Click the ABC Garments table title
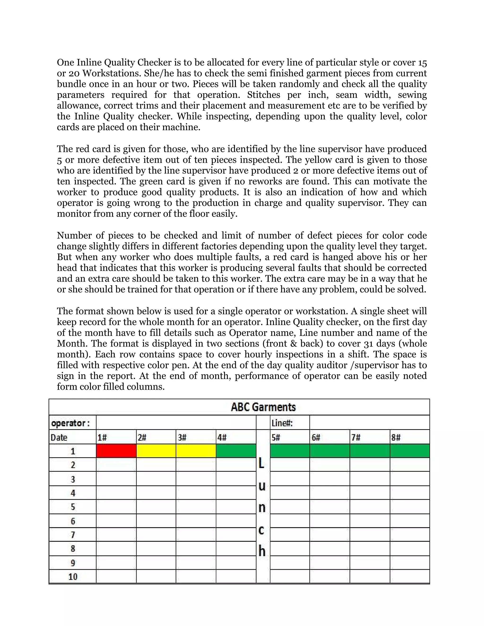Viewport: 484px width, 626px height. pos(263,407)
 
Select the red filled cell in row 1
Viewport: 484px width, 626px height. pos(116,451)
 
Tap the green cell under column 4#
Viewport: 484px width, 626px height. pos(236,451)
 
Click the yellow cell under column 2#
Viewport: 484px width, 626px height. pos(156,451)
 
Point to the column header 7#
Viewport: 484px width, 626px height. pos(356,437)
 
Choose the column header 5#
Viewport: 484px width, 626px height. pos(276,437)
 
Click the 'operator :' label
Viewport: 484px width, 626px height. pos(70,423)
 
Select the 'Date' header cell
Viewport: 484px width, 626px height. pos(59,437)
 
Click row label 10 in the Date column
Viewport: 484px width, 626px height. pos(73,576)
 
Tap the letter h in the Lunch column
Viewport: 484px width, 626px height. pos(262,551)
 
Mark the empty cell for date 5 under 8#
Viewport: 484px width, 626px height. pos(410,507)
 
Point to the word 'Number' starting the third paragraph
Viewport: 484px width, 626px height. pos(74,235)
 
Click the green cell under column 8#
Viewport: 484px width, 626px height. pos(410,451)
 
